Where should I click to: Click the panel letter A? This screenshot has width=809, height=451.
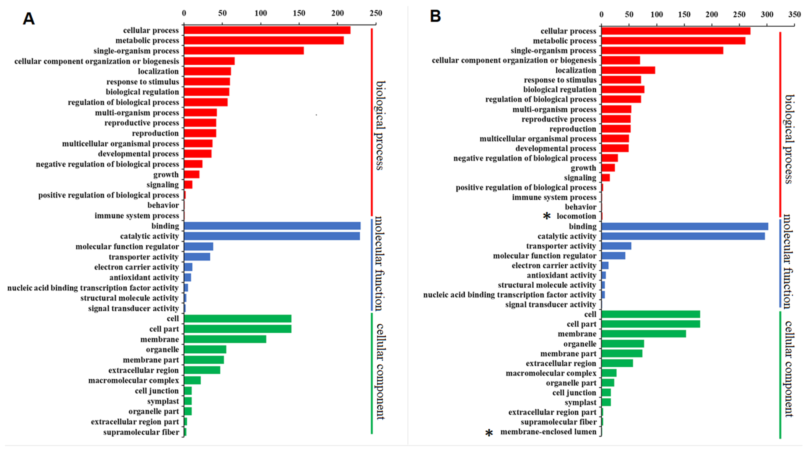click(29, 19)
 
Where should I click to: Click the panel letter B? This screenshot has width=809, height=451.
click(435, 16)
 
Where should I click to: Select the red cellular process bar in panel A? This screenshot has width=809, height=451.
click(267, 30)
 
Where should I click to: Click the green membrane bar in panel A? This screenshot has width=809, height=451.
click(225, 339)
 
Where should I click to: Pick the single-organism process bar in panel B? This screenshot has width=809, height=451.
click(662, 50)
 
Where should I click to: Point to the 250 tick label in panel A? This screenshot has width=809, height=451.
click(376, 13)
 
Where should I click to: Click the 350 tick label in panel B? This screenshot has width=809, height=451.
click(795, 14)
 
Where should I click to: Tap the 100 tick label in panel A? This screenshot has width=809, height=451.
click(261, 13)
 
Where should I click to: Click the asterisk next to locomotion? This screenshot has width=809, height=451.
click(547, 216)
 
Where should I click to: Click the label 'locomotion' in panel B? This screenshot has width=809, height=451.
click(576, 216)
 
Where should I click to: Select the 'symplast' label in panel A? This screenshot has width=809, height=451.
click(163, 401)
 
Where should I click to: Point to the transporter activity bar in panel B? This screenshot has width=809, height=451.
click(616, 246)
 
